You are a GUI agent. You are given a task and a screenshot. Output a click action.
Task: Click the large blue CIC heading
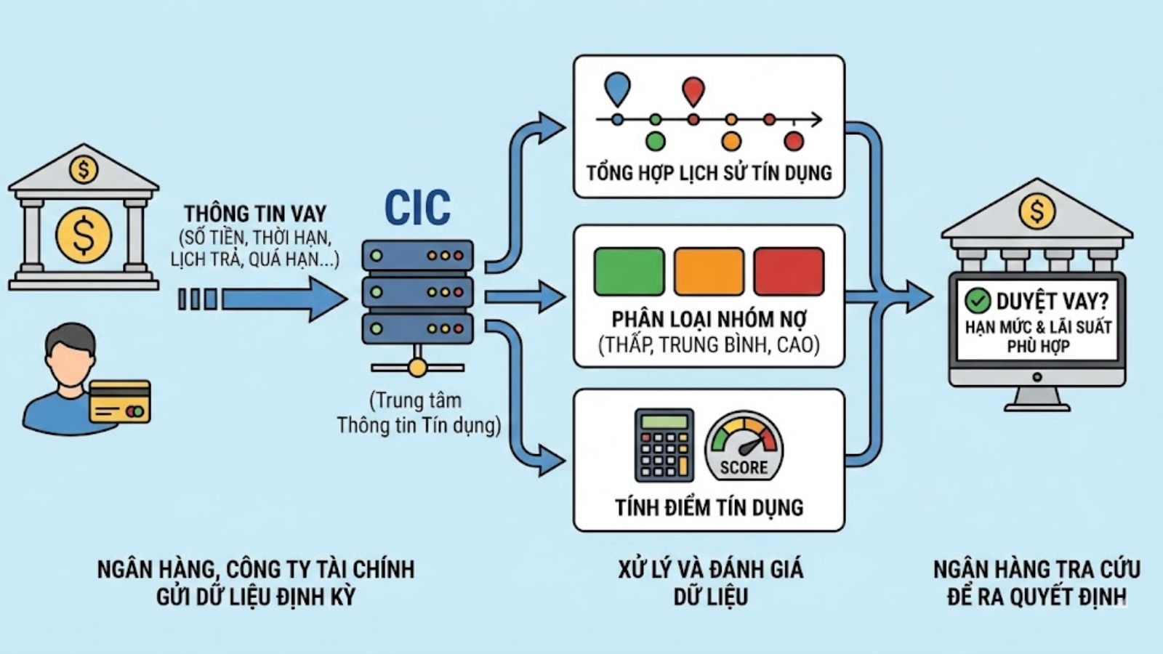click(417, 208)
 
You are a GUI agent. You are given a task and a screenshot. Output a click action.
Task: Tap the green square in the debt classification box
click(629, 271)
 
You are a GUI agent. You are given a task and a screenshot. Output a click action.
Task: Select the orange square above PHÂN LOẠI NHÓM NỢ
click(709, 271)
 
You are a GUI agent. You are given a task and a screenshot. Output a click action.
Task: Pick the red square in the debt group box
click(789, 271)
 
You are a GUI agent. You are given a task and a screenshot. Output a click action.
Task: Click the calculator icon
click(664, 445)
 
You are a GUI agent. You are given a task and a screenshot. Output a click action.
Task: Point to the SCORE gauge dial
click(744, 446)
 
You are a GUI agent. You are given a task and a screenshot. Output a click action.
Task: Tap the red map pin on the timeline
click(693, 92)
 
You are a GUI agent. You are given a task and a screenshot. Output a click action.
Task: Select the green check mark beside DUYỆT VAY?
click(978, 300)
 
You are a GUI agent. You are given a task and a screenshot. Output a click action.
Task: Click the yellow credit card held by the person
click(120, 401)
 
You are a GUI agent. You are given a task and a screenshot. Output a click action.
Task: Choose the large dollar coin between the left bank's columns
click(84, 235)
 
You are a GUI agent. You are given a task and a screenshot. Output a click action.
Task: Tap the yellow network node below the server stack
click(416, 368)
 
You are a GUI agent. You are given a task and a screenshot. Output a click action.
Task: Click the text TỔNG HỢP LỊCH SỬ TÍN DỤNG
click(709, 173)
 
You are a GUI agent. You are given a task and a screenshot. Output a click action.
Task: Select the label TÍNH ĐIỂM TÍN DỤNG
click(709, 507)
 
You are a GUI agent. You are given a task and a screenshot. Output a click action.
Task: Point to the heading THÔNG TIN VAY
click(254, 214)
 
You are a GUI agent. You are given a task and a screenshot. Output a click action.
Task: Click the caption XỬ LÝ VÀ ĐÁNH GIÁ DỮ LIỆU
click(710, 582)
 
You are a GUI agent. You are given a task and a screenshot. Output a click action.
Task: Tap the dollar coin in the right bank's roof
click(1037, 211)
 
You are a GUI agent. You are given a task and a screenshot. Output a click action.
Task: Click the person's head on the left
click(69, 356)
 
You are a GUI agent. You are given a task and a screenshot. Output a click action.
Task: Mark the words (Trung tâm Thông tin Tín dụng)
click(418, 413)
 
